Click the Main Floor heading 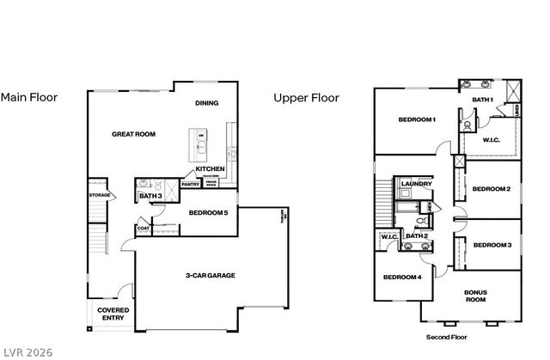coord(29,97)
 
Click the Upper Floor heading coord(306,98)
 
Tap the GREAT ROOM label coord(133,134)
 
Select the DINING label coord(206,103)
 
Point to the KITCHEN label coord(210,169)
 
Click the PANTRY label coord(191,183)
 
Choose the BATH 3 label coord(150,197)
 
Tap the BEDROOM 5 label coord(208,212)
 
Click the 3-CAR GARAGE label coord(211,276)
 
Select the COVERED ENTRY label coord(112,314)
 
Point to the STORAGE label coord(99,195)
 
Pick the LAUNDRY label coord(415,183)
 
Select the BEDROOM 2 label coord(492,189)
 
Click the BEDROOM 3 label coord(492,245)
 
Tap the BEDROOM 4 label coord(402,277)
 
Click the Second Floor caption coord(445,337)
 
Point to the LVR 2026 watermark coord(28,351)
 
